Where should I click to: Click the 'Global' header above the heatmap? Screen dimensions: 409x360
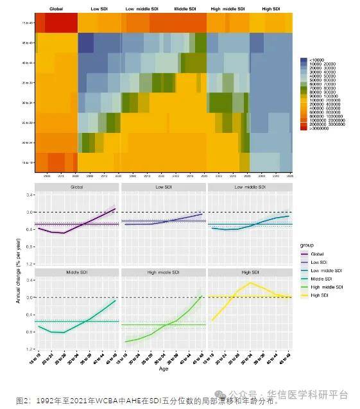56,8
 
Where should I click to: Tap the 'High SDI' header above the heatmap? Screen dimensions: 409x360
270,8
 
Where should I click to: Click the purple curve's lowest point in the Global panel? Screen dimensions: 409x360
64,233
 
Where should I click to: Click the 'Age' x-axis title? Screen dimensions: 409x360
163,369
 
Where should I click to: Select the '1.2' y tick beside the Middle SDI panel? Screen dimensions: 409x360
30,349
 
